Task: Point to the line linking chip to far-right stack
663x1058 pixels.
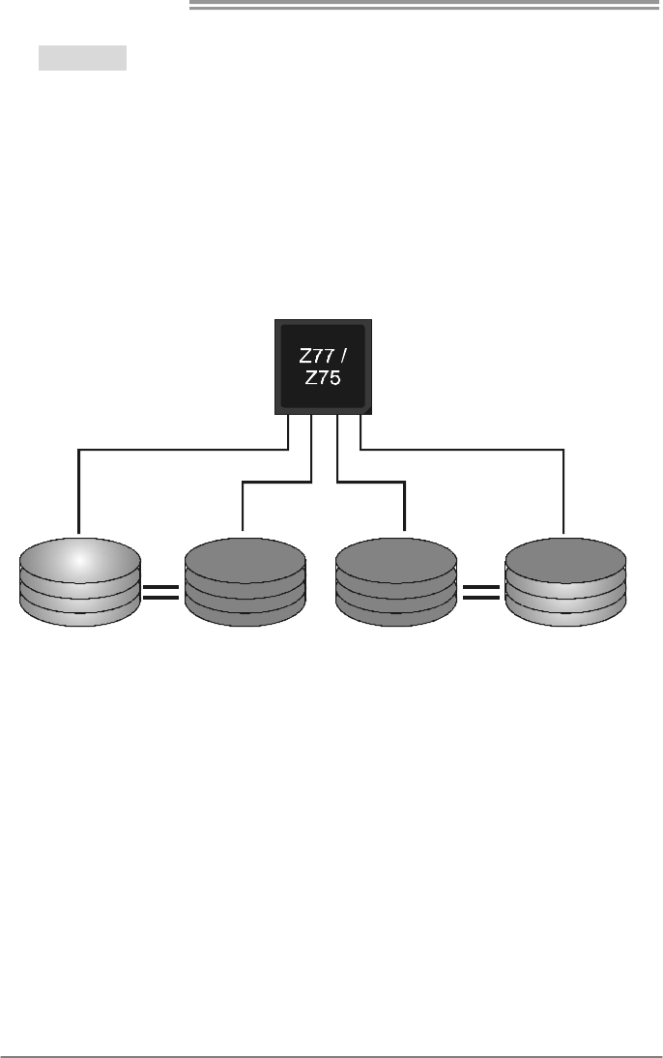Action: click(x=464, y=450)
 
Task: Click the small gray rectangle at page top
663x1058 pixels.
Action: click(x=83, y=58)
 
